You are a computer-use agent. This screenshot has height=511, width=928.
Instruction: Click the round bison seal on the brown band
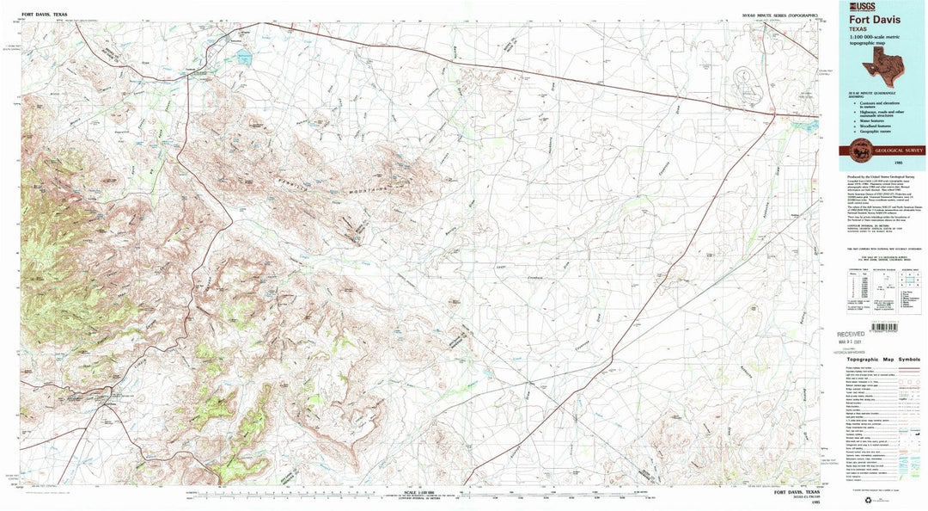[x=858, y=151]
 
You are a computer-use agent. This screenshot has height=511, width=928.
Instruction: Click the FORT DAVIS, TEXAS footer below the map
[x=797, y=493]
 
